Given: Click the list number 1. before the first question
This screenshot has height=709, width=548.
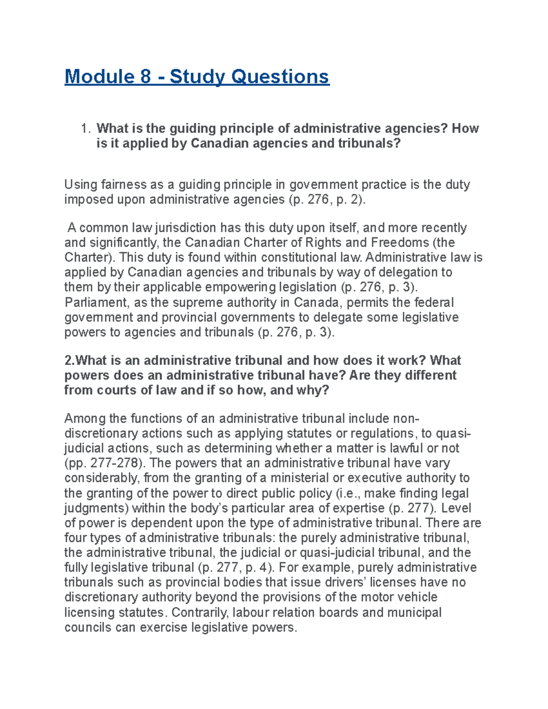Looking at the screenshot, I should [87, 129].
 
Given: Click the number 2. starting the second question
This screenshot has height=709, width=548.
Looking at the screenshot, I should [69, 361].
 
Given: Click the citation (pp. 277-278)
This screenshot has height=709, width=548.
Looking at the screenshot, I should [105, 463].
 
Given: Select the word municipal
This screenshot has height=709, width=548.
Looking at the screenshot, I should [415, 612].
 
